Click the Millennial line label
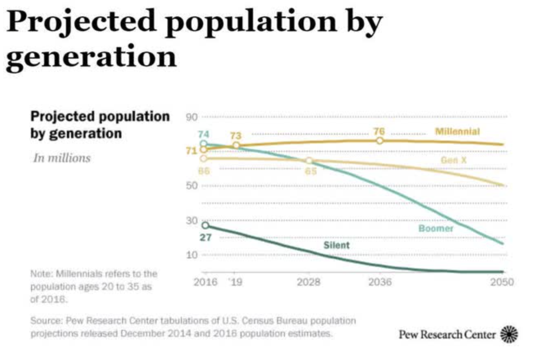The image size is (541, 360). (x=457, y=131)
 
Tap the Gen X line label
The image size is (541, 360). (x=453, y=160)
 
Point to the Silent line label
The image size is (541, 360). (x=337, y=245)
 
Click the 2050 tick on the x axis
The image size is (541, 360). (x=502, y=282)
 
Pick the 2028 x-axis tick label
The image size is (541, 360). (x=309, y=282)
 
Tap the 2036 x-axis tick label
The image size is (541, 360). (x=379, y=282)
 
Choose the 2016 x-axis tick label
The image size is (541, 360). (x=205, y=282)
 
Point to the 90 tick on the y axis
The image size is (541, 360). (x=193, y=117)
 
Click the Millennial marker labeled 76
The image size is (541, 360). (x=380, y=140)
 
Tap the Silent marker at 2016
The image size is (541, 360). (x=205, y=225)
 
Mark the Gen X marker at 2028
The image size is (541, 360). (x=309, y=161)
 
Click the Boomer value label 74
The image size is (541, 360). (x=204, y=134)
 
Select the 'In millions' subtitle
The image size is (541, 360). (x=62, y=158)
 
